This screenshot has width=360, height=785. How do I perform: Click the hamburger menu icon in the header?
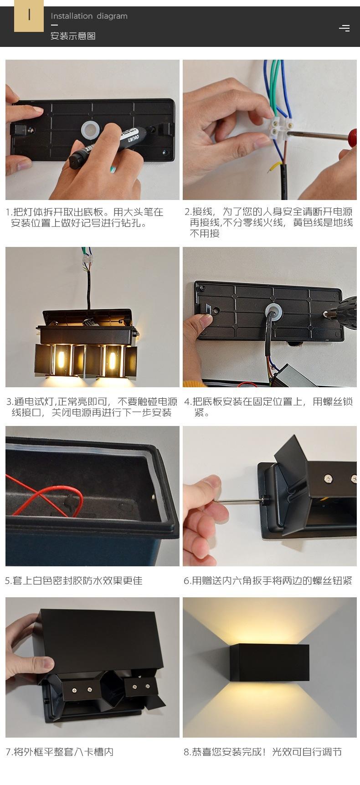(345, 28)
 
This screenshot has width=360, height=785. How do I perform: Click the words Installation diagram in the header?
(89, 16)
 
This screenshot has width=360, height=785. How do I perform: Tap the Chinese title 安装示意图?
(73, 36)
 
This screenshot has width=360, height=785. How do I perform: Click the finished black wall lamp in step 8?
(269, 662)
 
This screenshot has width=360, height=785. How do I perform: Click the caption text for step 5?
(74, 580)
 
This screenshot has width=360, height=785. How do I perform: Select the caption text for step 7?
(59, 752)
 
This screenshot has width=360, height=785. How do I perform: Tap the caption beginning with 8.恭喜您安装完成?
(262, 752)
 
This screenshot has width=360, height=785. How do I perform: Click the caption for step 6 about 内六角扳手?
(268, 580)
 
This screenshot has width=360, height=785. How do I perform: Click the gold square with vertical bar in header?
(29, 15)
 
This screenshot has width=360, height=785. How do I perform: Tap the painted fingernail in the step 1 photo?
(113, 169)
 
